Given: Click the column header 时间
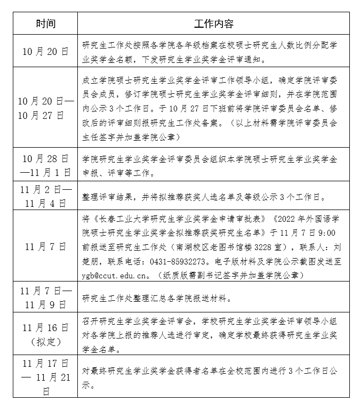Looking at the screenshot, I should [45, 24].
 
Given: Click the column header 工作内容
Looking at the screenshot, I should [213, 24].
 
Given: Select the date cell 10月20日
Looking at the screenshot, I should [45, 51].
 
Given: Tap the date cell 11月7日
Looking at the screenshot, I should [45, 246].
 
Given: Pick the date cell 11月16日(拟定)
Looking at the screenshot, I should [45, 334].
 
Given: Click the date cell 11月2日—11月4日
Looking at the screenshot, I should [45, 196].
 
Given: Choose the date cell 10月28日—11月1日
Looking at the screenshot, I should [45, 165].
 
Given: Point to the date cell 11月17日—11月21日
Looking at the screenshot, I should [45, 377].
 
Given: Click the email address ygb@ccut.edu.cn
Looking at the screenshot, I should [115, 276].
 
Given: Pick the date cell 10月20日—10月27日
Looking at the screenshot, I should [45, 108].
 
